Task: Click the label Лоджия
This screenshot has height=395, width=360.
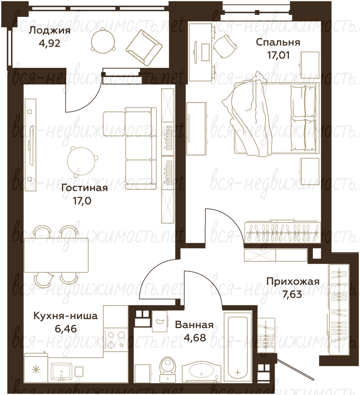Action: click(49, 31)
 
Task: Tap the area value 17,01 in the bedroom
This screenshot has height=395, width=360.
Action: click(278, 55)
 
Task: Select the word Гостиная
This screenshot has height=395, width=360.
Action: click(85, 188)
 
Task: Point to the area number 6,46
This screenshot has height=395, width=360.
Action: click(66, 329)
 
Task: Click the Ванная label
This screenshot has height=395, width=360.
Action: click(194, 325)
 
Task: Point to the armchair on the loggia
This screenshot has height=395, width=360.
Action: click(144, 48)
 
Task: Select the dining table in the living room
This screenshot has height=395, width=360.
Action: click(56, 255)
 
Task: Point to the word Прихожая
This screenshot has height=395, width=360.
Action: click(293, 281)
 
